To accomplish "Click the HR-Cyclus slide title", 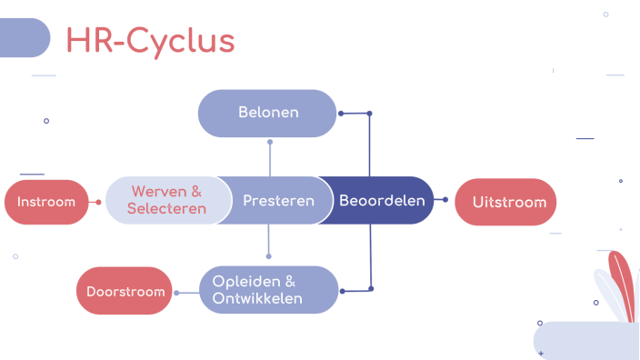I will pyautogui.click(x=150, y=40).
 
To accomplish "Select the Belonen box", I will pyautogui.click(x=268, y=113).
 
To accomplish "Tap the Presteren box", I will pyautogui.click(x=278, y=200).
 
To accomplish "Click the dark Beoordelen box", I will pyautogui.click(x=382, y=200).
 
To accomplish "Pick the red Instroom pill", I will pyautogui.click(x=46, y=202).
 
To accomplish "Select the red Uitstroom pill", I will pyautogui.click(x=505, y=201).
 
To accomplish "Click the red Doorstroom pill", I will pyautogui.click(x=125, y=292).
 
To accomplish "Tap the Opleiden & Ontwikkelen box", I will pyautogui.click(x=268, y=290).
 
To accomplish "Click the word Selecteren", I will pyautogui.click(x=166, y=209).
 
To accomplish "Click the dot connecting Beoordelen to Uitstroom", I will pyautogui.click(x=445, y=199).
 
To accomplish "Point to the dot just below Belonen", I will pyautogui.click(x=270, y=143).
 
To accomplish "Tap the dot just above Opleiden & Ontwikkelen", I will pyautogui.click(x=269, y=255).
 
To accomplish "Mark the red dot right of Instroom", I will pyautogui.click(x=99, y=201).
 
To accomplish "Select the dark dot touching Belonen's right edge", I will pyautogui.click(x=340, y=114).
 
